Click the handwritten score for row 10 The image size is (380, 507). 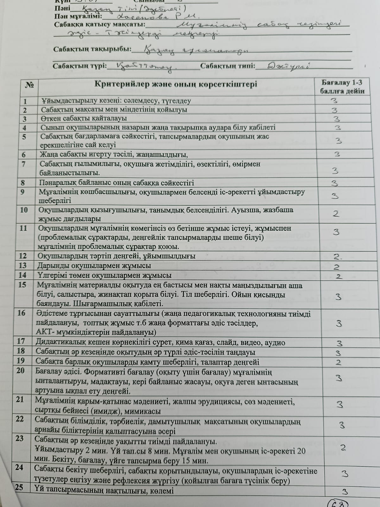pyautogui.click(x=336, y=214)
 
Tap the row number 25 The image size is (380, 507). pyautogui.click(x=19, y=487)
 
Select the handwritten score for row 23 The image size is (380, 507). pyautogui.click(x=343, y=448)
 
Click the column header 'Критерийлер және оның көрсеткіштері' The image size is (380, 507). pyautogui.click(x=176, y=84)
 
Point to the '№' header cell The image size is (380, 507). pyautogui.click(x=29, y=85)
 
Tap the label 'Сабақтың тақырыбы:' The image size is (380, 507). pyautogui.click(x=92, y=49)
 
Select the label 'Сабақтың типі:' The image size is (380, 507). pyautogui.click(x=228, y=66)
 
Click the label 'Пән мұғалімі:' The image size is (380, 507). pyautogui.click(x=78, y=16)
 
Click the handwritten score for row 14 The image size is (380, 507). pyautogui.click(x=339, y=276)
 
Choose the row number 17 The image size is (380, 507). pyautogui.click(x=21, y=341)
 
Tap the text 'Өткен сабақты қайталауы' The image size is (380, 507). pyautogui.click(x=84, y=119)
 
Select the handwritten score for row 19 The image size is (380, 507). pyautogui.click(x=339, y=362)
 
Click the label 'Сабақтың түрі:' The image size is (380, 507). pyautogui.click(x=80, y=66)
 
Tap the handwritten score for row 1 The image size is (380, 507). pyautogui.click(x=334, y=101)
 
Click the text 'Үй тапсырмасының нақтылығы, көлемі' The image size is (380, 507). pyautogui.click(x=104, y=491)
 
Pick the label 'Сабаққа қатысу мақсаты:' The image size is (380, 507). pyautogui.click(x=100, y=25)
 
